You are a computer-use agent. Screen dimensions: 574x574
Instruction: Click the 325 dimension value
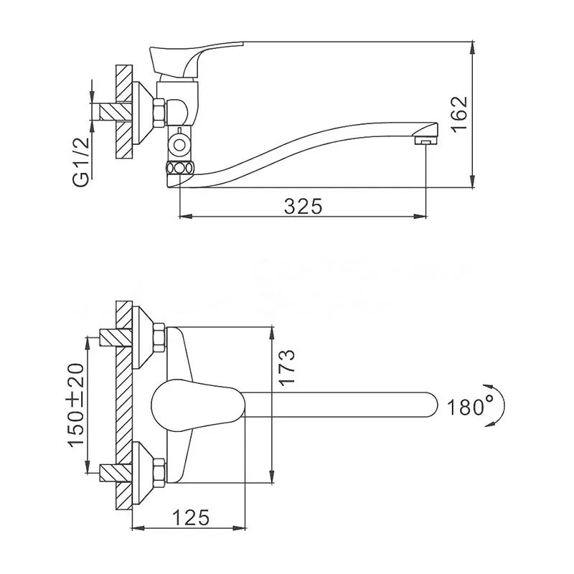[303, 207]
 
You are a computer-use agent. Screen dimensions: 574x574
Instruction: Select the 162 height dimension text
[459, 113]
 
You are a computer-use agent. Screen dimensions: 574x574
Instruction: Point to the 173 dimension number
[286, 367]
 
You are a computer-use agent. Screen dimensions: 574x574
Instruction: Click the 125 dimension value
[191, 517]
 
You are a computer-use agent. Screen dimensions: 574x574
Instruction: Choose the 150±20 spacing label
[76, 405]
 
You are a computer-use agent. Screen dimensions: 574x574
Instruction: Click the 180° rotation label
[471, 407]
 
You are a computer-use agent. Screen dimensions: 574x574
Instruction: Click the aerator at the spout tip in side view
[425, 141]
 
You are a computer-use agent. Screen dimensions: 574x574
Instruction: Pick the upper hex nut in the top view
[159, 337]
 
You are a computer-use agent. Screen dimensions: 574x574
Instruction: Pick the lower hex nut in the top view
[159, 472]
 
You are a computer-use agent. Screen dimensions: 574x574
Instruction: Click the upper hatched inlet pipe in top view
[116, 337]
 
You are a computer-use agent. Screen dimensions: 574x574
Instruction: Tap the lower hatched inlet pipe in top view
[116, 472]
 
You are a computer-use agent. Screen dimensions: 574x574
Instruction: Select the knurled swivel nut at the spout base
[179, 169]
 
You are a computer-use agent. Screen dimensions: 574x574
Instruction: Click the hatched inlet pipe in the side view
[115, 111]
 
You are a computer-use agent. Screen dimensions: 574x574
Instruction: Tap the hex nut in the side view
[159, 113]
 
